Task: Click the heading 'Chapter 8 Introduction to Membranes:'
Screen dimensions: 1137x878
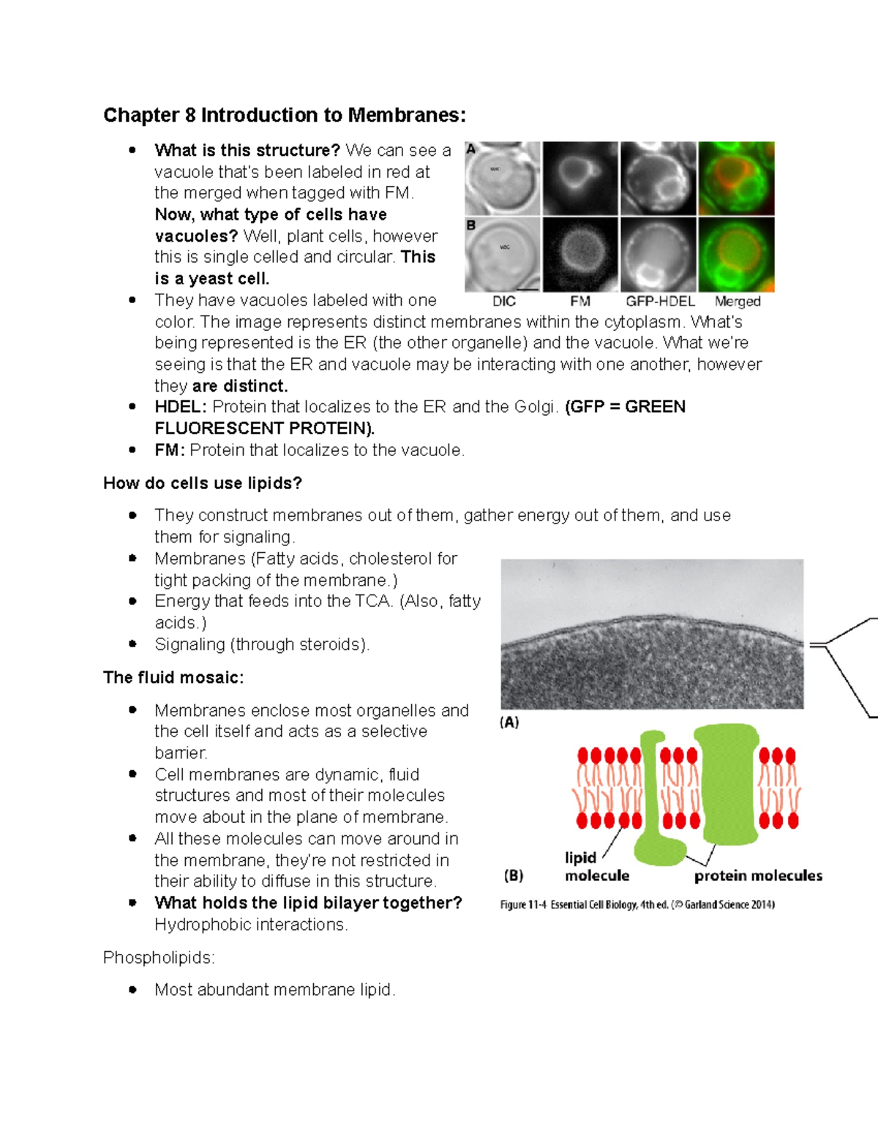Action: coord(284,116)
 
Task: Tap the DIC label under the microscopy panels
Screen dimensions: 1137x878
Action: coord(504,301)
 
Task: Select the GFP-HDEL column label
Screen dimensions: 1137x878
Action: coord(660,301)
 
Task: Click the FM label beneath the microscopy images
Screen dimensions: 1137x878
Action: coord(580,301)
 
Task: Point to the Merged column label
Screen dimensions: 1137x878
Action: coord(738,301)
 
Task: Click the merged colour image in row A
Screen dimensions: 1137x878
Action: coord(736,178)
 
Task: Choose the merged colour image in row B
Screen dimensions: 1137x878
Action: coord(736,255)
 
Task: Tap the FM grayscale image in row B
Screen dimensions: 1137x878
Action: coord(580,255)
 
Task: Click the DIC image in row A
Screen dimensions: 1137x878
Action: coord(503,178)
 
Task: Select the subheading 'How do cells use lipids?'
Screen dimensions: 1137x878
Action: coord(203,483)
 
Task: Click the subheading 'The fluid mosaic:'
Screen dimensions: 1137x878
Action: coord(173,677)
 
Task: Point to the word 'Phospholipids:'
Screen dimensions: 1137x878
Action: coord(159,958)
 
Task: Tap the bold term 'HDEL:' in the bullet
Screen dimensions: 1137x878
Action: coord(181,407)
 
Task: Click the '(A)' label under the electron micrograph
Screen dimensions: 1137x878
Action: coord(509,723)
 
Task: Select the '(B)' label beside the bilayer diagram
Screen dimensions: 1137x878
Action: coord(514,876)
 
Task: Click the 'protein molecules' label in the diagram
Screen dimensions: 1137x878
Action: coord(758,876)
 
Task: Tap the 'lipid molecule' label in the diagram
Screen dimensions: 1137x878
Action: coord(596,867)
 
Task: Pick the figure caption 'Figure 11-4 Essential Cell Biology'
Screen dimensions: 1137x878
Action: coord(637,905)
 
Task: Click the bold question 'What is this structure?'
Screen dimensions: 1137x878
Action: coord(247,151)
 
